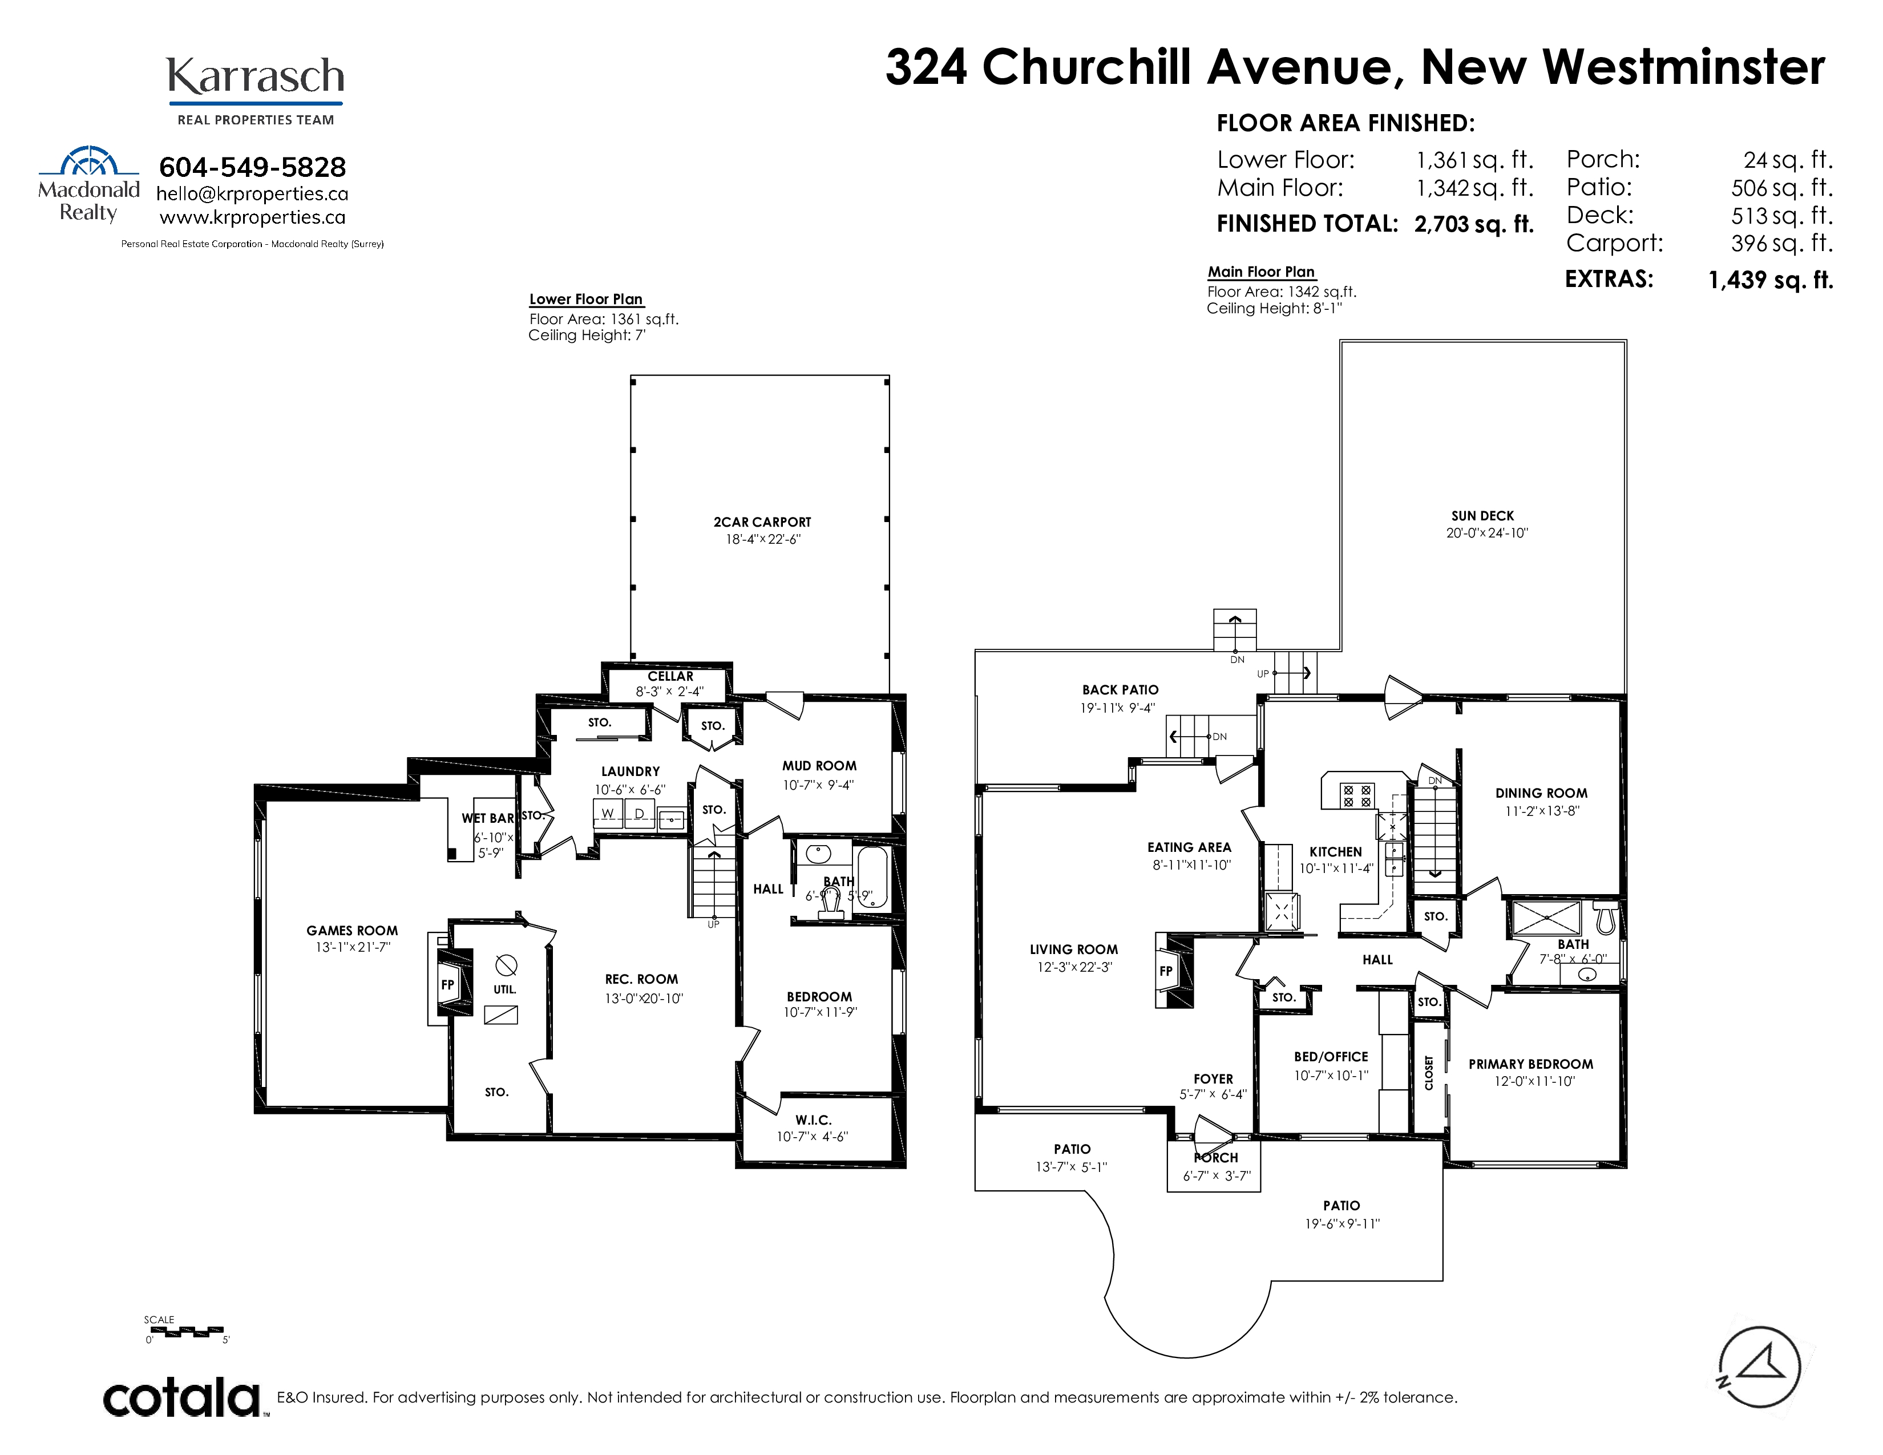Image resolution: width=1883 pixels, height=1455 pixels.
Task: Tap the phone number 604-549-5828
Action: point(253,167)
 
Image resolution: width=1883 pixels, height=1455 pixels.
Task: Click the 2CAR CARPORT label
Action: point(762,522)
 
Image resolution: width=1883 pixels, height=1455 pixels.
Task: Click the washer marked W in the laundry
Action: point(608,814)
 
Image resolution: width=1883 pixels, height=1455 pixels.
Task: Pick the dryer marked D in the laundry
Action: point(640,814)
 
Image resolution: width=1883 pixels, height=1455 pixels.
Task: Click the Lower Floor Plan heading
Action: point(586,299)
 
